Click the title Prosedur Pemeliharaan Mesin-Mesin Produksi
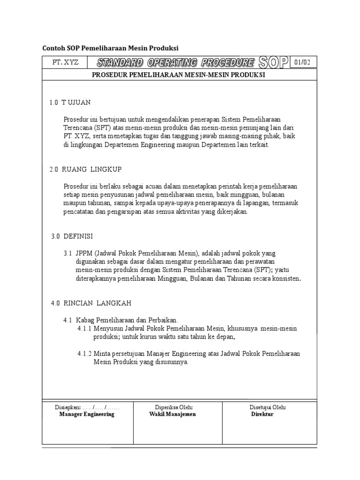click(x=179, y=75)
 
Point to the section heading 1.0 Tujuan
click(x=70, y=102)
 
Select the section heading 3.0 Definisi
click(x=72, y=236)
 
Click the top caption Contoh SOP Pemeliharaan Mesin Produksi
click(x=111, y=48)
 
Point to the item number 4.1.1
click(x=84, y=328)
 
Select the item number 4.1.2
click(x=84, y=353)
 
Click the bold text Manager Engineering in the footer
click(x=87, y=414)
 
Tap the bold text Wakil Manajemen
click(x=172, y=414)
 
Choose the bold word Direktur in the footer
click(x=262, y=414)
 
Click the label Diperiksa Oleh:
click(x=174, y=407)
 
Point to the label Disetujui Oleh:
click(x=268, y=407)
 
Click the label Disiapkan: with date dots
click(x=87, y=407)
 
